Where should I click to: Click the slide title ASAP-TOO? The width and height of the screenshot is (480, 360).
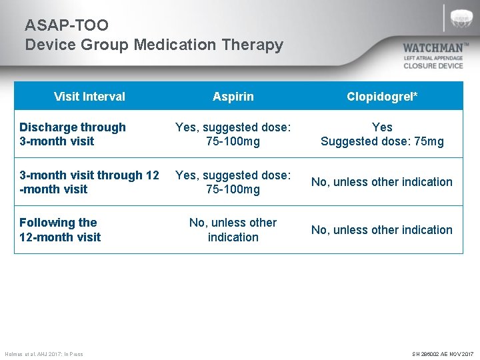click(67, 25)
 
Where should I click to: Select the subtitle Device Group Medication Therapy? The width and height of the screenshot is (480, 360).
click(154, 45)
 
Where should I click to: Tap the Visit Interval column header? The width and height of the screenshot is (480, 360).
click(89, 97)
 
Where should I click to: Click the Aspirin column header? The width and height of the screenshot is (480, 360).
click(233, 97)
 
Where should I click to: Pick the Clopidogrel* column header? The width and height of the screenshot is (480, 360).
click(382, 97)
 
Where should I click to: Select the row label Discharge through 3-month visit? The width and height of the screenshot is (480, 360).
click(72, 134)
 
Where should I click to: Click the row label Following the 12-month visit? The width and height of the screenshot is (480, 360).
click(60, 230)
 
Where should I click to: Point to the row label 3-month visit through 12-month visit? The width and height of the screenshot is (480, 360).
click(89, 182)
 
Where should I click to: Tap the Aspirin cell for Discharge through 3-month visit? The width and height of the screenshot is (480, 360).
click(233, 134)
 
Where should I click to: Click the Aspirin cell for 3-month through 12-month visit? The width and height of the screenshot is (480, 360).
click(233, 182)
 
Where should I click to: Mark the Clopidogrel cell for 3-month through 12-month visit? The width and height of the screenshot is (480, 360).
click(382, 182)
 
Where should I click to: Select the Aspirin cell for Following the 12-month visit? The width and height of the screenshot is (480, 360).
click(233, 230)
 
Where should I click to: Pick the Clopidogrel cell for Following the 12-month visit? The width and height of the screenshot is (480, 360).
click(382, 230)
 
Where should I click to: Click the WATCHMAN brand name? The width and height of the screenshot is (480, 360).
click(433, 49)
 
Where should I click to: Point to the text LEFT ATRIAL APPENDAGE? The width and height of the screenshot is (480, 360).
click(433, 59)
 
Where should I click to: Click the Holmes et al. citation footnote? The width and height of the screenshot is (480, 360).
click(44, 354)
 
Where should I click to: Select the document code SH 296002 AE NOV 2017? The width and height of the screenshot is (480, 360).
click(443, 354)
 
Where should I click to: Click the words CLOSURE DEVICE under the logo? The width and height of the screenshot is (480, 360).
click(433, 66)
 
